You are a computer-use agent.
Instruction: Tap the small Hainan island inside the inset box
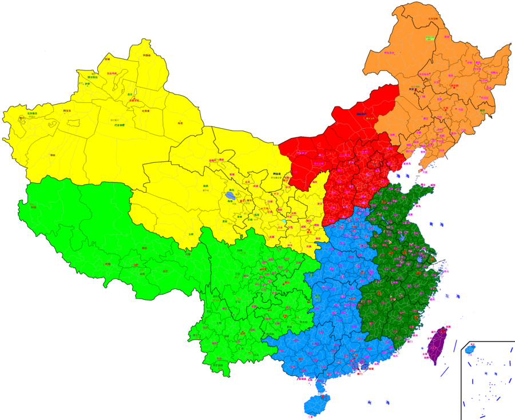[x=470, y=348]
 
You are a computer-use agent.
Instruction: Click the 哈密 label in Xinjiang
[x=180, y=122]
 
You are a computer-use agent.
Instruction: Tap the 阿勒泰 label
[x=146, y=56]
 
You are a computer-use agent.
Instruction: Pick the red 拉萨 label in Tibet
[x=135, y=265]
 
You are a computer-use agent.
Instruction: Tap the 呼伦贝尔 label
[x=390, y=53]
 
